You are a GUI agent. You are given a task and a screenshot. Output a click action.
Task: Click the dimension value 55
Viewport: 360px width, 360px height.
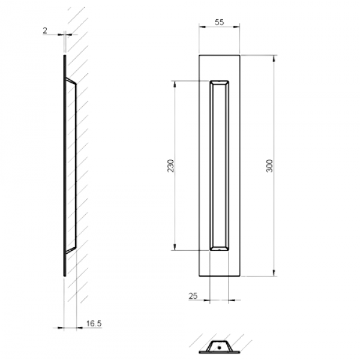tap(219, 22)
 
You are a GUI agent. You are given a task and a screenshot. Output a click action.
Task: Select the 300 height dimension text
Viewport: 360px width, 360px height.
tap(269, 166)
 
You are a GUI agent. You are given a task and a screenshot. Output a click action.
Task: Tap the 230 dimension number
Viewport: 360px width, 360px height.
tap(170, 166)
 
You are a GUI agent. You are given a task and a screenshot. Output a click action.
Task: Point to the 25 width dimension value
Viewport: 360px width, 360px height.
tap(193, 295)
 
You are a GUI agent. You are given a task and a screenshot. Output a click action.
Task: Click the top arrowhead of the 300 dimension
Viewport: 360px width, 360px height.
tap(275, 58)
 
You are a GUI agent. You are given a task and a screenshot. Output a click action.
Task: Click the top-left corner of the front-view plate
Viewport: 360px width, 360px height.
tap(199, 55)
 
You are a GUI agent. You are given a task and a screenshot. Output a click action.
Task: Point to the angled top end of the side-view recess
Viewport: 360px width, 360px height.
tap(70, 80)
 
